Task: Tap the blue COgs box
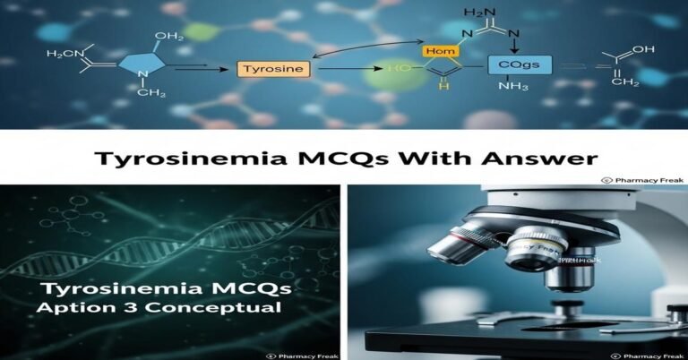point(520,64)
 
